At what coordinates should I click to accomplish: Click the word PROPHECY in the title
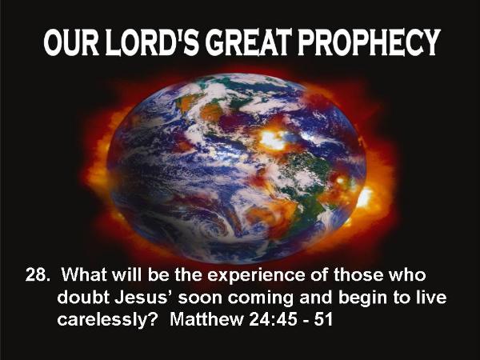coord(369,42)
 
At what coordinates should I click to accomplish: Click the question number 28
coord(37,274)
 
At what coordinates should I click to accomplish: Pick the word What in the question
coord(83,274)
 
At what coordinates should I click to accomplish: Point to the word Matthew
coord(206,319)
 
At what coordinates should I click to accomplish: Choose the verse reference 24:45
coord(273,319)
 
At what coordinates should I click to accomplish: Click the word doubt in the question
coord(83,298)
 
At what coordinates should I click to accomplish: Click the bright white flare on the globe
coord(272,140)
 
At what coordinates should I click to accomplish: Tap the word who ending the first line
coord(407,274)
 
